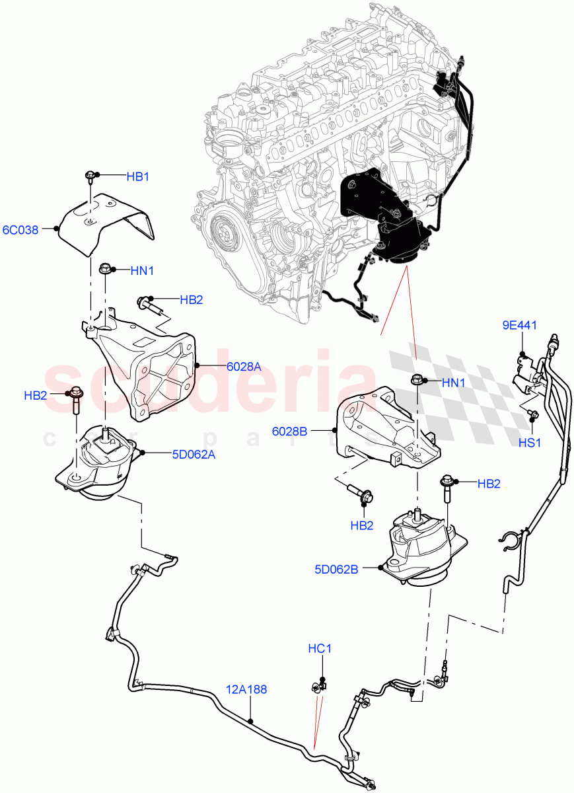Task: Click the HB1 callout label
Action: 138,176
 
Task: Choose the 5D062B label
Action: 336,568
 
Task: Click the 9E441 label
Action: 519,325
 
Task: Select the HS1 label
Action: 529,443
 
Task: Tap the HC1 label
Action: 320,650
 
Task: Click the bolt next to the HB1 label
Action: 90,177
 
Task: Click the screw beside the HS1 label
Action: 534,415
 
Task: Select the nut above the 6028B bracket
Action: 416,381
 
